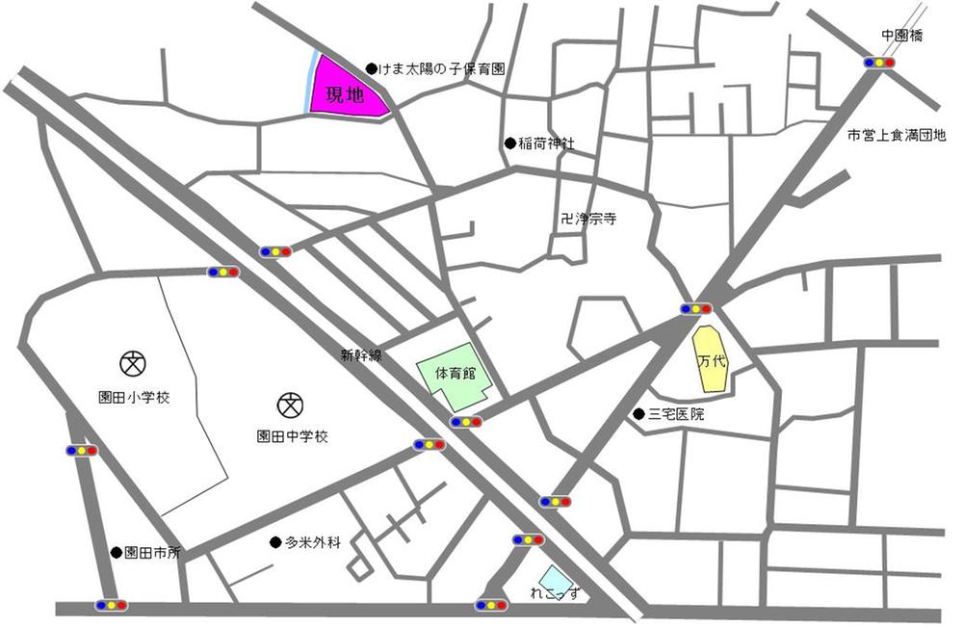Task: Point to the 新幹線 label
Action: click(x=361, y=355)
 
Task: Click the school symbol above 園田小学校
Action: click(x=132, y=363)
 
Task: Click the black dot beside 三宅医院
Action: click(x=638, y=415)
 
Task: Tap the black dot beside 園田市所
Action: click(x=117, y=553)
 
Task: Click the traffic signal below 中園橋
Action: click(x=879, y=63)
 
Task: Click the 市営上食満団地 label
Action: click(x=896, y=137)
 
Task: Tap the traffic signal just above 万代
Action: click(x=695, y=309)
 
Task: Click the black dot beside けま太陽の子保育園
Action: click(x=372, y=68)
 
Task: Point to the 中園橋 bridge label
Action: click(x=901, y=36)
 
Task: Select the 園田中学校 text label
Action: click(x=293, y=436)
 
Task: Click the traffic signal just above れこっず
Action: click(x=528, y=540)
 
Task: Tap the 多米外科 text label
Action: click(x=313, y=542)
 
